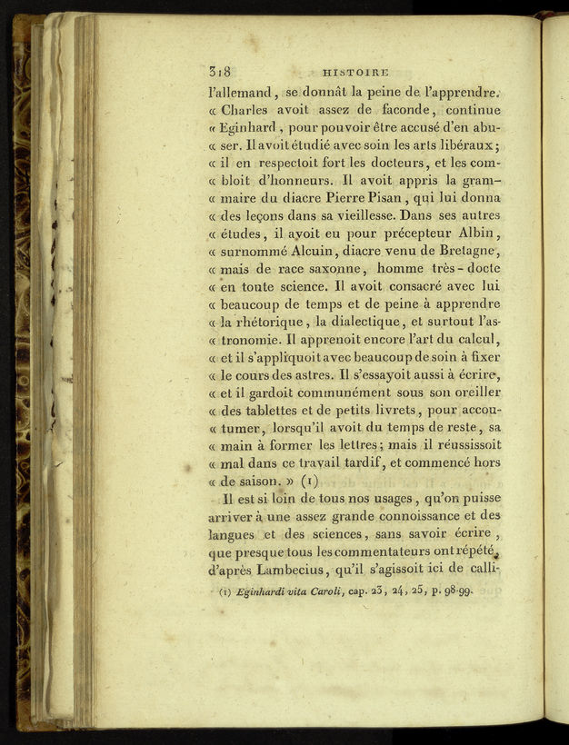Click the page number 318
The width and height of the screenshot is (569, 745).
pos(222,72)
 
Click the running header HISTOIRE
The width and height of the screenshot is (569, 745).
pos(355,72)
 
